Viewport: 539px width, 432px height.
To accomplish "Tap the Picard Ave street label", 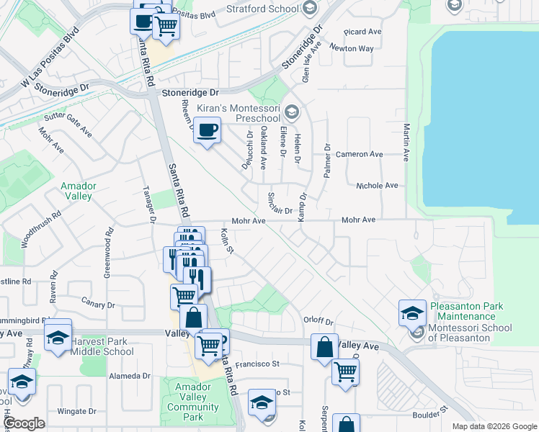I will pos(363,32).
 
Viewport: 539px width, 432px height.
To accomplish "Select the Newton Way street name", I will pos(352,48).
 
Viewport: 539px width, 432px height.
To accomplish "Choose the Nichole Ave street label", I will pos(377,185).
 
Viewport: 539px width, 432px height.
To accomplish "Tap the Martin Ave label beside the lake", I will pos(406,141).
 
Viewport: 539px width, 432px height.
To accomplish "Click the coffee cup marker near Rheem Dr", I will pos(207,130).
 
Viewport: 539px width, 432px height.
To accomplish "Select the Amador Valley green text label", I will pos(79,190).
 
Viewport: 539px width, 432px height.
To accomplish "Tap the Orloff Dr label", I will pos(318,322).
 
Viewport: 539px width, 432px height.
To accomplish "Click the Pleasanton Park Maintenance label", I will pos(466,311).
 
